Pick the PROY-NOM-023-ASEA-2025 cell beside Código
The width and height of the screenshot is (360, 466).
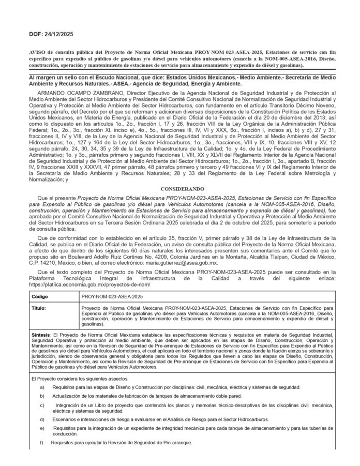(112, 297)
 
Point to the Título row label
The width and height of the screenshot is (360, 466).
(39, 308)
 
